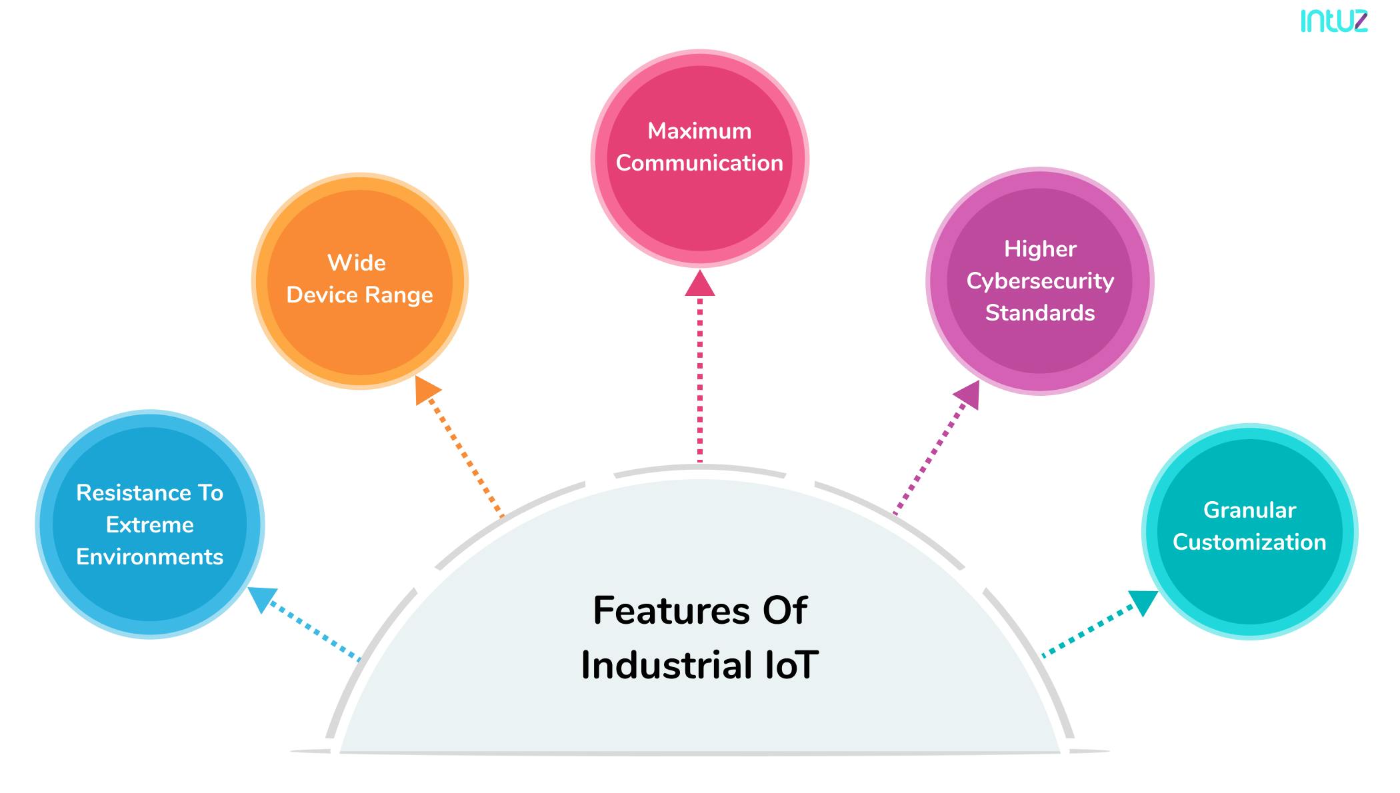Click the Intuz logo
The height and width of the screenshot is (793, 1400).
(1333, 21)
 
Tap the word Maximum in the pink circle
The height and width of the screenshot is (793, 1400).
(699, 131)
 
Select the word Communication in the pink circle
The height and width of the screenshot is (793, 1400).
(699, 163)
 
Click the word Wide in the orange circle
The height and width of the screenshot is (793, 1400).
(357, 263)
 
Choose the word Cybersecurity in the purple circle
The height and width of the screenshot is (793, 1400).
(1040, 281)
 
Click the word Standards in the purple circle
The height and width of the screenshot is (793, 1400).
(1040, 313)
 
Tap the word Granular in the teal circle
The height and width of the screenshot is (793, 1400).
(1249, 510)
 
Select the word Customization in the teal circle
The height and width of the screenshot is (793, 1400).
(1249, 542)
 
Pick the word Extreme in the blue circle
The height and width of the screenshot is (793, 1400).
(150, 525)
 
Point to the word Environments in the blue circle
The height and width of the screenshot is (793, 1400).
(150, 557)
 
